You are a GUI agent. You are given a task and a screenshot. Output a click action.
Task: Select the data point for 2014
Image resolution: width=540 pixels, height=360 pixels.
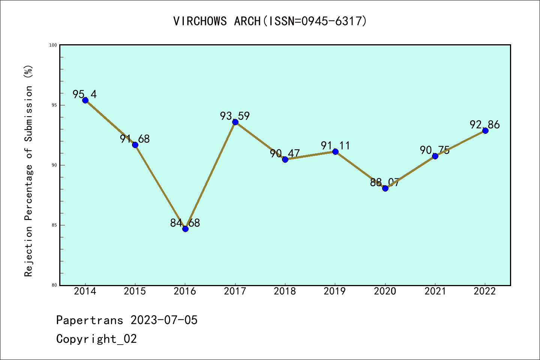(x=85, y=100)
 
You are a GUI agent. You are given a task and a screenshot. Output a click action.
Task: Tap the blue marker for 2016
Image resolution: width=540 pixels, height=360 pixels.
(x=185, y=229)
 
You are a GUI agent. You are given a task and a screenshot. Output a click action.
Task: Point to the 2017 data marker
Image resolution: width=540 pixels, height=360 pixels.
(x=235, y=122)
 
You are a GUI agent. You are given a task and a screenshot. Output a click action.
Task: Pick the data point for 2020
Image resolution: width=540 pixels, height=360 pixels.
(x=385, y=188)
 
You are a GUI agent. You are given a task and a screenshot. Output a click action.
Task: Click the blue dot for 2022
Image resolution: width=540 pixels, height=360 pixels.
(x=485, y=130)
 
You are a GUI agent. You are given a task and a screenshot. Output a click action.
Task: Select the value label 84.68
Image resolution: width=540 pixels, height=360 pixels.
(x=185, y=223)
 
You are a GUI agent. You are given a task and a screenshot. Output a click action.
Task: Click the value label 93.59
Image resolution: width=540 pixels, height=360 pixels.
(x=235, y=116)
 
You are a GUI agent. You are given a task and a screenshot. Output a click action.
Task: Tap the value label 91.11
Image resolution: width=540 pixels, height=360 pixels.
(x=335, y=146)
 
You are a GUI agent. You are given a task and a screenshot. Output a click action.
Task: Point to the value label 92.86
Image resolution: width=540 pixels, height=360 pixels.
(x=485, y=125)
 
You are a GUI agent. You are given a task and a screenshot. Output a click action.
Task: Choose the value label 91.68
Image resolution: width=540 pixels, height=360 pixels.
(x=135, y=139)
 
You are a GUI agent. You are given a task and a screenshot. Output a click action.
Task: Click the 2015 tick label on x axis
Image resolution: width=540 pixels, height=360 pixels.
(x=135, y=291)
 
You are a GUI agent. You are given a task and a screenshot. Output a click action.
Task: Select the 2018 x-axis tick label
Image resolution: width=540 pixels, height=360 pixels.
(x=285, y=291)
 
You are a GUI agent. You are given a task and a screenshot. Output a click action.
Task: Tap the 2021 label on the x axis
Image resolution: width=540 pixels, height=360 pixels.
(x=435, y=291)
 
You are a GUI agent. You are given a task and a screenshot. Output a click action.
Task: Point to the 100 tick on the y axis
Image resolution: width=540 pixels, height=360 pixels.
(x=53, y=45)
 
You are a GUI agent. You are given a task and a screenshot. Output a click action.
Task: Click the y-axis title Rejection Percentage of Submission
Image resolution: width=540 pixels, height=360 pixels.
(x=29, y=171)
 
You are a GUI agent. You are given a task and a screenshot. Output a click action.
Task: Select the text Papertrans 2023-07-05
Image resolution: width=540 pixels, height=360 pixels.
(x=127, y=320)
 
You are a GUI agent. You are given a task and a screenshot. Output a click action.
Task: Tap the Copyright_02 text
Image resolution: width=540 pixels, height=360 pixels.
(x=96, y=339)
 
